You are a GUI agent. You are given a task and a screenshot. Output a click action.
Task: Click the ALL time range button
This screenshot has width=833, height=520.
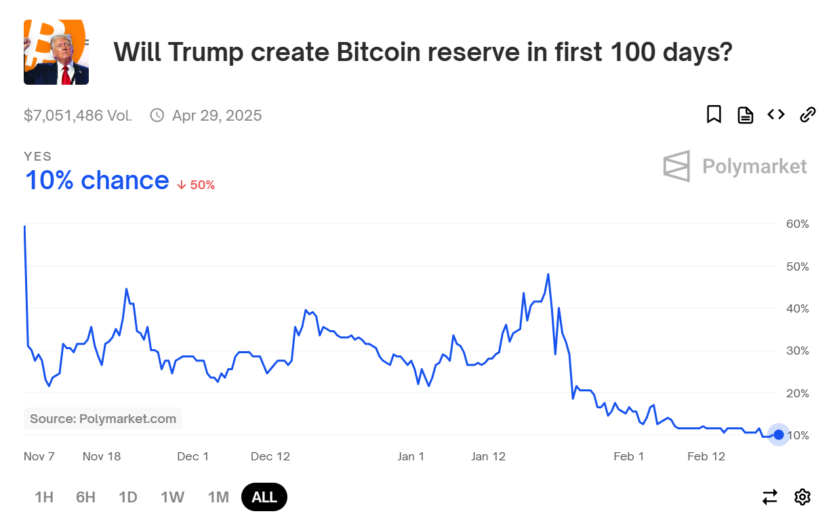point(264,497)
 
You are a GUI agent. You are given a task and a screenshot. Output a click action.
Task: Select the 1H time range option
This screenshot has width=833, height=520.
point(44,497)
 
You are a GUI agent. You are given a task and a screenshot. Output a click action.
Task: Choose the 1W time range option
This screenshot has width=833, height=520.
point(172,497)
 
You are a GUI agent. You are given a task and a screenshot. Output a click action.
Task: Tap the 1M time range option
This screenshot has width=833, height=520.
point(218,497)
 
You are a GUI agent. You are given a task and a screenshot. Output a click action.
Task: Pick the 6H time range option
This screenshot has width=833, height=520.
point(85,497)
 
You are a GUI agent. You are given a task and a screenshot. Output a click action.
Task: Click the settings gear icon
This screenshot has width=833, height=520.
point(802,497)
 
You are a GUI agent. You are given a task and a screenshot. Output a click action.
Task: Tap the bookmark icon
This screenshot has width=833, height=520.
point(714,115)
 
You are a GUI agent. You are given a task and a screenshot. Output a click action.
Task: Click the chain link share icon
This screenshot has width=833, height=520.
point(807,115)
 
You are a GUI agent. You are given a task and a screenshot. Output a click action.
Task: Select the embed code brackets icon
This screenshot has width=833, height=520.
point(776,115)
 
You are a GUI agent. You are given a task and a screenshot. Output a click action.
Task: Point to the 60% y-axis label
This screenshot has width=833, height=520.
point(797,224)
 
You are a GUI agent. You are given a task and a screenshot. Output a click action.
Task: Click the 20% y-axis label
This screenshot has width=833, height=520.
point(797,393)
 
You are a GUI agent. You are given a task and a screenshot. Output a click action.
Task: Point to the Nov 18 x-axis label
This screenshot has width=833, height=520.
point(102,456)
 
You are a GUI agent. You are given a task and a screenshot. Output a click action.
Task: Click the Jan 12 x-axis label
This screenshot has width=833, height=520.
point(489,456)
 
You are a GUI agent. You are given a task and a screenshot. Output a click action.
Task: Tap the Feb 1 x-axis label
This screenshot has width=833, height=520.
point(629,456)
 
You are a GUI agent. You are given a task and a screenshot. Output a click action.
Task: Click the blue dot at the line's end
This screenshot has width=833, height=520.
point(779,435)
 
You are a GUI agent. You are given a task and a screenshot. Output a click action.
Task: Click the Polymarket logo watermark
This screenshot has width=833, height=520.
point(735,166)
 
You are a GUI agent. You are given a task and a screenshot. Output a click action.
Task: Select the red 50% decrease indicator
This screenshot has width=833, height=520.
point(196,184)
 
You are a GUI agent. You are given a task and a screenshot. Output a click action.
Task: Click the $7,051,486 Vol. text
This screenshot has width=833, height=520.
point(78,115)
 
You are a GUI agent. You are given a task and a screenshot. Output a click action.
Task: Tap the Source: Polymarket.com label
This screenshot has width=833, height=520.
point(103,419)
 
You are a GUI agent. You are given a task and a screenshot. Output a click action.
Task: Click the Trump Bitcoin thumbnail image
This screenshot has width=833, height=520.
point(56,52)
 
